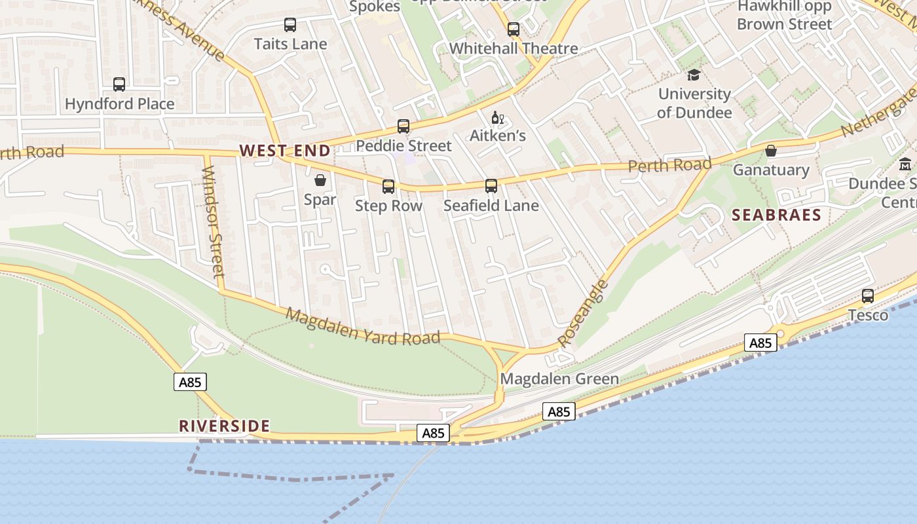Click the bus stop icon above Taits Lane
coord(290,25)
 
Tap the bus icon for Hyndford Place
coord(119,84)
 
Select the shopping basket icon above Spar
coord(320,180)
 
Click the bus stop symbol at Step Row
coord(388,187)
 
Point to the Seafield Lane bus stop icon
coord(491,186)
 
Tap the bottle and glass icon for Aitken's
coord(497,118)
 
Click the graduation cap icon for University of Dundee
coord(694,75)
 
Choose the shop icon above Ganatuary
coord(771,151)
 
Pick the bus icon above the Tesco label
coord(868,296)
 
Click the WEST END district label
coord(285,151)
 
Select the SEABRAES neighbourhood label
coord(776,215)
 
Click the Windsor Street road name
coord(213,221)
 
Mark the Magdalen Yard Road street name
coord(363,326)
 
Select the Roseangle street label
coord(582,314)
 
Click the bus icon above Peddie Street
coord(403,126)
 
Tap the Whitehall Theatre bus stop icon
coord(514,29)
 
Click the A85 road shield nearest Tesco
coord(760,343)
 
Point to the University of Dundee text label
coord(694,103)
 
